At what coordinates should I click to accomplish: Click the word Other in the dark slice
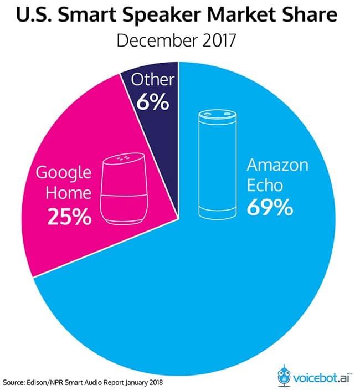tap(153, 80)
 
